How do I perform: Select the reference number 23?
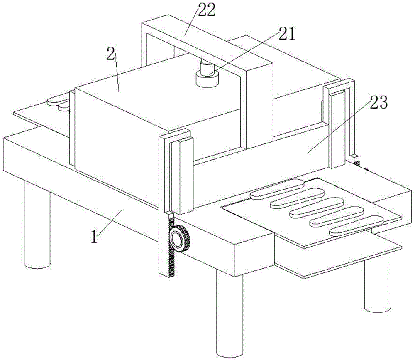pos(378,102)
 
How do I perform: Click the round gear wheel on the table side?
pos(178,238)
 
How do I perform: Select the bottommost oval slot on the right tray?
pos(356,225)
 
